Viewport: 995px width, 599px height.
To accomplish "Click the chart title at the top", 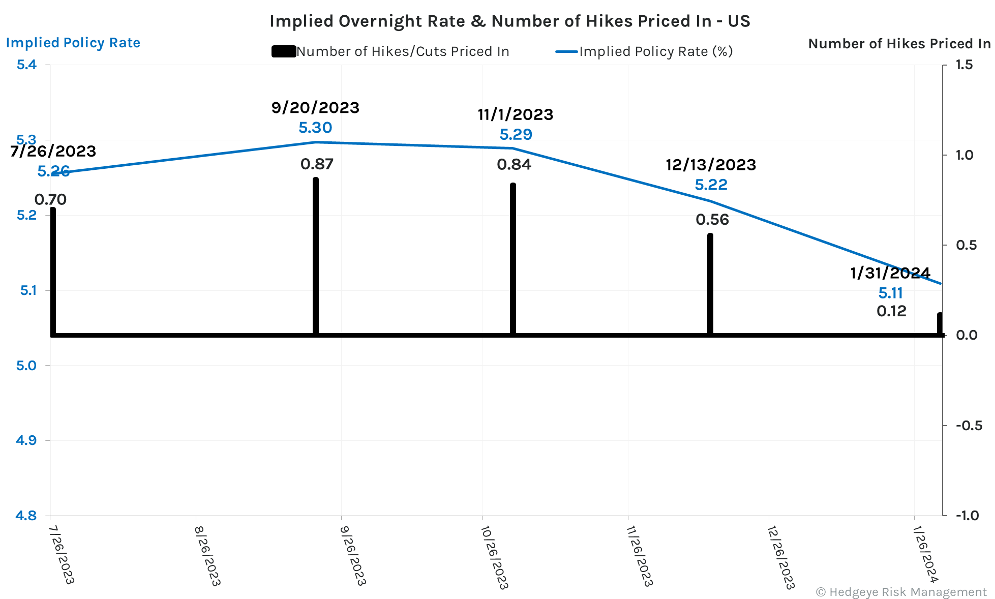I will (509, 21).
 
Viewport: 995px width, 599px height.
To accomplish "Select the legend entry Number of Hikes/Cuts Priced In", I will (390, 51).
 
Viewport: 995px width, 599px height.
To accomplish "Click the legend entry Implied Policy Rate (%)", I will (645, 51).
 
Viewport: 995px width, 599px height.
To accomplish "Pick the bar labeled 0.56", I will (710, 285).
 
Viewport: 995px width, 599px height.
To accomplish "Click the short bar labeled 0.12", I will (940, 324).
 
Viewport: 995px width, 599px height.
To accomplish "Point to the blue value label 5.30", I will (315, 128).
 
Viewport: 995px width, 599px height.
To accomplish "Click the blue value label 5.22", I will (711, 185).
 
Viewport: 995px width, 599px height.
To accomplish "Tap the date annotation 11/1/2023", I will (515, 114).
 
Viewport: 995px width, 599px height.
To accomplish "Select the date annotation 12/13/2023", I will (711, 165).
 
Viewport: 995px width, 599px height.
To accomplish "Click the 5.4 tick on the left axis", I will (26, 65).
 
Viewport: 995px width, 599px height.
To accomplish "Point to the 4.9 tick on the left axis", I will (26, 440).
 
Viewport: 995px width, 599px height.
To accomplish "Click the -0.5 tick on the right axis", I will (969, 426).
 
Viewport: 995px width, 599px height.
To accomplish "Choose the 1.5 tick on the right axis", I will (964, 65).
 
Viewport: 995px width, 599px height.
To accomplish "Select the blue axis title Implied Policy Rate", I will (73, 43).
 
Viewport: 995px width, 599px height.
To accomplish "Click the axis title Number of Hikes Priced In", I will (899, 44).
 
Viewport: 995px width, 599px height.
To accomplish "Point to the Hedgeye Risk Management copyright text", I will (901, 592).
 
